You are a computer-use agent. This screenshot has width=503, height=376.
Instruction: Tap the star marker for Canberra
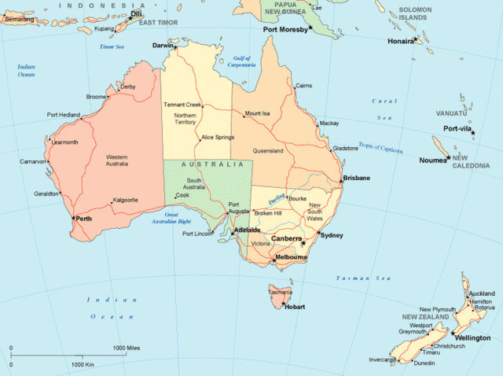[303, 243]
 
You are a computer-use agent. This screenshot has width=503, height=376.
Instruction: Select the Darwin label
[163, 46]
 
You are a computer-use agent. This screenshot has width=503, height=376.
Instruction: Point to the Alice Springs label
[218, 138]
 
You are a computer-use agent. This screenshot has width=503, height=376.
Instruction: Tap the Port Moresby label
[285, 29]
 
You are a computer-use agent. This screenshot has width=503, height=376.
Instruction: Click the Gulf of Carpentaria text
[247, 61]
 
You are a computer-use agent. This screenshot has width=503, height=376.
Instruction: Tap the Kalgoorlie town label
[125, 200]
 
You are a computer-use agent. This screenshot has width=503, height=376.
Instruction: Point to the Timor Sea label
[112, 47]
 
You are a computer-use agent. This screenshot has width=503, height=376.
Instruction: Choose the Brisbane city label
[356, 179]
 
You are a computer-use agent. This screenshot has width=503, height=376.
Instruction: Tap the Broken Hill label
[267, 213]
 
